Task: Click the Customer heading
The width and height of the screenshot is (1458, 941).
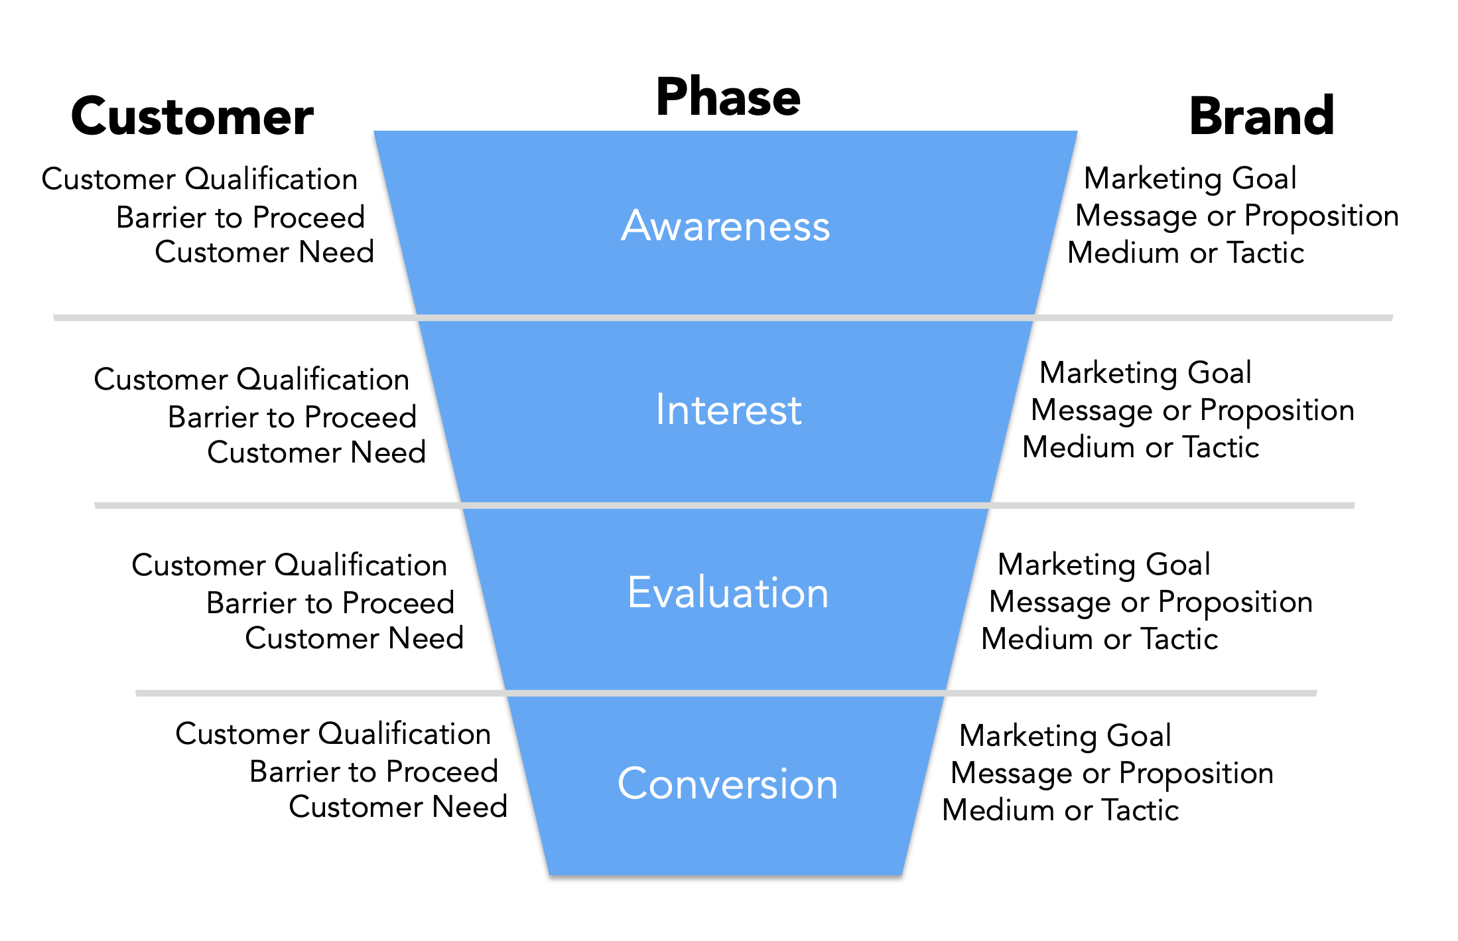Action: tap(192, 117)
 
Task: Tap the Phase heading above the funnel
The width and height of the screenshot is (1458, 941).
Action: tap(728, 98)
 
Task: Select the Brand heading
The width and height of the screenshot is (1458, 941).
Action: tap(1261, 117)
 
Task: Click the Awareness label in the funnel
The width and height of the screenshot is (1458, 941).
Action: tap(726, 226)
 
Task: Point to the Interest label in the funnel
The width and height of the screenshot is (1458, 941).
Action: tap(728, 409)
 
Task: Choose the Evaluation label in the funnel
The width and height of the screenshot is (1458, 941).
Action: tap(728, 593)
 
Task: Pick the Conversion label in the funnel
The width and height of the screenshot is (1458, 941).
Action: tap(728, 784)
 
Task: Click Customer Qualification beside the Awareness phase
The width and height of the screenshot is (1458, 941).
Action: tap(200, 179)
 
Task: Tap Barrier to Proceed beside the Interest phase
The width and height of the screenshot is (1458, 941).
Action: tap(292, 417)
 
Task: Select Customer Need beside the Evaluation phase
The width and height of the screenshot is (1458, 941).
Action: tap(354, 638)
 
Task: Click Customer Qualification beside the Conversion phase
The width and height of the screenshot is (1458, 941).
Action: tap(333, 734)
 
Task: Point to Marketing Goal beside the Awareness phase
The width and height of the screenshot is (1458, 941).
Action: tap(1190, 179)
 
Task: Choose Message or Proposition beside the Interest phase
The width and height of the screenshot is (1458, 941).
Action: tap(1192, 410)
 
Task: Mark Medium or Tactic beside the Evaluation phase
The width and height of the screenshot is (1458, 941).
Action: tap(1099, 639)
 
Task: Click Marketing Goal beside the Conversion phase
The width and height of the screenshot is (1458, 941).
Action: tap(1065, 736)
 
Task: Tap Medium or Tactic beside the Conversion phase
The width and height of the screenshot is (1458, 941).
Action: tap(1060, 810)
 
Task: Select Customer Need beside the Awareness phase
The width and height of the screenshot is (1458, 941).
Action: tap(264, 252)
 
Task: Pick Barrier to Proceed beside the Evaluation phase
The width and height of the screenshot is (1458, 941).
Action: tap(330, 603)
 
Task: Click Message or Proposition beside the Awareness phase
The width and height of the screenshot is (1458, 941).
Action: tap(1236, 216)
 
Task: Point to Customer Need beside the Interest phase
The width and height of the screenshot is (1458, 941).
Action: tap(316, 453)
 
